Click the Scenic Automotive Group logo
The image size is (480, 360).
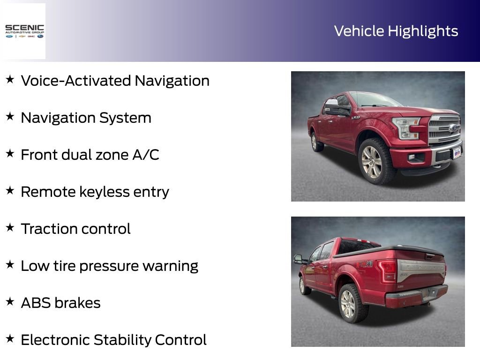(24, 31)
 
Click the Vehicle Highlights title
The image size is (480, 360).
(396, 31)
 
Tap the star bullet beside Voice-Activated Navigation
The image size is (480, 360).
(10, 80)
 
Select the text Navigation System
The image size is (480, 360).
(86, 118)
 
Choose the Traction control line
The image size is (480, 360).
(75, 229)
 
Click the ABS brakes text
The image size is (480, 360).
(60, 303)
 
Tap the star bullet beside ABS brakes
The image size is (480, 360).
(10, 302)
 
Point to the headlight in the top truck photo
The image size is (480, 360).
(405, 127)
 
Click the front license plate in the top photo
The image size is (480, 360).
(456, 153)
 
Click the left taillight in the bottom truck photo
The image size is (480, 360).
(388, 271)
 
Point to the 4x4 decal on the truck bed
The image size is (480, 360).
(364, 264)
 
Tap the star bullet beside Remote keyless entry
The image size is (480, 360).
(10, 191)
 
